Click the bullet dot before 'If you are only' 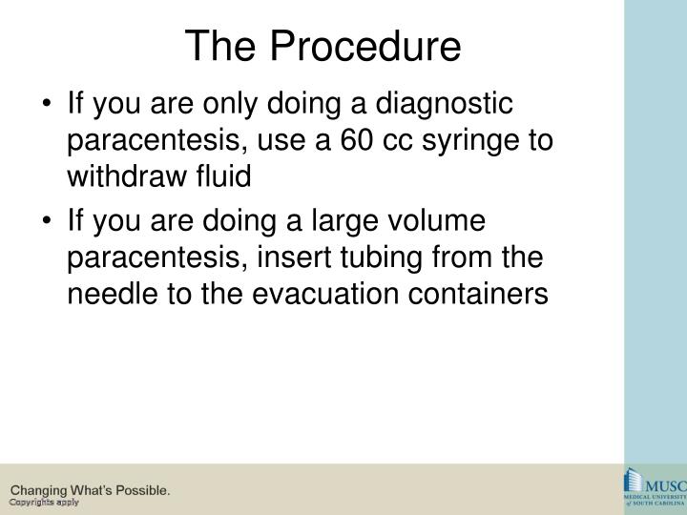[49, 103]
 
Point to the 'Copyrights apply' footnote [45, 503]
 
